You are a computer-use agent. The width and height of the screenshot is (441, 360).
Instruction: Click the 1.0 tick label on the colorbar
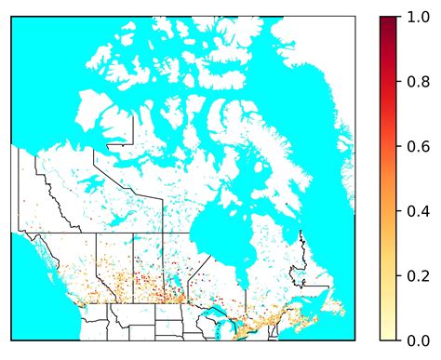point(416,17)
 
